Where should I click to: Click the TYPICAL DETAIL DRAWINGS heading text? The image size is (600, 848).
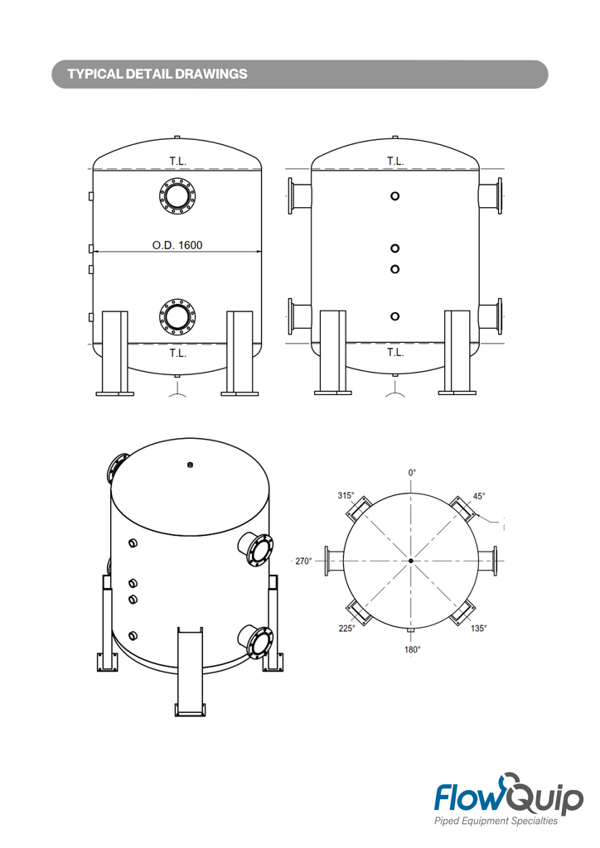tap(157, 75)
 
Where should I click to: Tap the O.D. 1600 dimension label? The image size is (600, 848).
tap(177, 244)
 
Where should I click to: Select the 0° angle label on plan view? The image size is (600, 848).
tap(412, 472)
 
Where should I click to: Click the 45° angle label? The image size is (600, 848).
tap(478, 497)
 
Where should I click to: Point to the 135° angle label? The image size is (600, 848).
tap(479, 628)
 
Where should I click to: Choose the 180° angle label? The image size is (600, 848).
tap(412, 649)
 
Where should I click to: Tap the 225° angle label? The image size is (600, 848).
tap(346, 628)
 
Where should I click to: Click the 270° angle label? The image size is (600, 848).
tap(303, 561)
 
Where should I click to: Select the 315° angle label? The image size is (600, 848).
tap(346, 496)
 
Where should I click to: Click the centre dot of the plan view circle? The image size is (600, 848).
tap(411, 561)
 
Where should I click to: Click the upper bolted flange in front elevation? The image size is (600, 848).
tap(177, 196)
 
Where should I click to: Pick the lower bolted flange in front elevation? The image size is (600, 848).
tap(177, 316)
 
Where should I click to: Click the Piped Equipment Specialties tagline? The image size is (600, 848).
tap(496, 821)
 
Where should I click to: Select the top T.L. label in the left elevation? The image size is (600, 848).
tap(177, 161)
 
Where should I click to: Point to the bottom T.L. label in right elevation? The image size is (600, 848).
tap(395, 353)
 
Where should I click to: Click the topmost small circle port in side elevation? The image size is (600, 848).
tap(395, 196)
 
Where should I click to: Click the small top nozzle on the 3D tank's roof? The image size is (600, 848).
tap(191, 465)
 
